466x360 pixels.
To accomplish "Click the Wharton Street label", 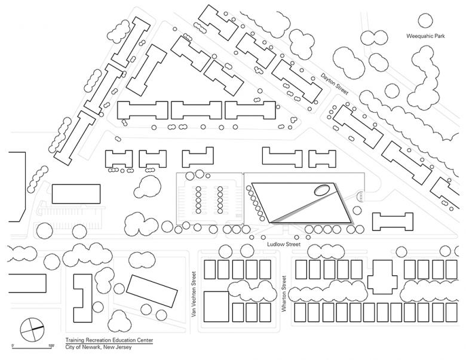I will [x=285, y=294].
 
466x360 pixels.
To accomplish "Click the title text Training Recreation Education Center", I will [x=109, y=340].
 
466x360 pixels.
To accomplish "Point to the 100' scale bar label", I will [x=52, y=346].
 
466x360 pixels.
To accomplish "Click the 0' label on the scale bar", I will [x=13, y=346].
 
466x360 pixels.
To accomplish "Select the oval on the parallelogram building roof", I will [x=321, y=191].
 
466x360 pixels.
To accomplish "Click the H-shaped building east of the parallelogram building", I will [x=393, y=221].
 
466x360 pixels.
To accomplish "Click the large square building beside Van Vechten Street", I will [x=216, y=306].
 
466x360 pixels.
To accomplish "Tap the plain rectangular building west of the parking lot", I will [x=76, y=195].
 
